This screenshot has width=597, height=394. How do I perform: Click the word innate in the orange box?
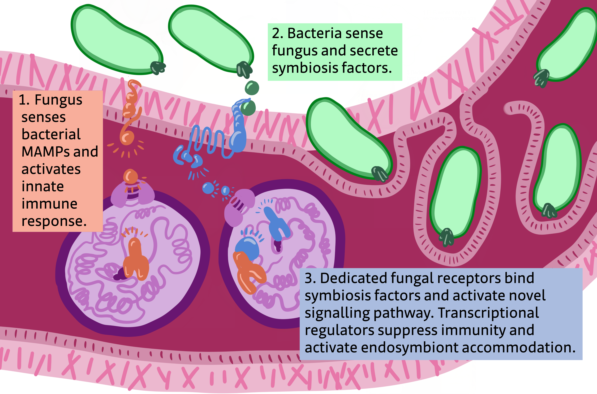[x=42, y=186]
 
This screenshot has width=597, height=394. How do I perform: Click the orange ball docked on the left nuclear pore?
[x=130, y=177]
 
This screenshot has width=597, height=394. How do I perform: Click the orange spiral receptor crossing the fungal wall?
[x=130, y=113]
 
